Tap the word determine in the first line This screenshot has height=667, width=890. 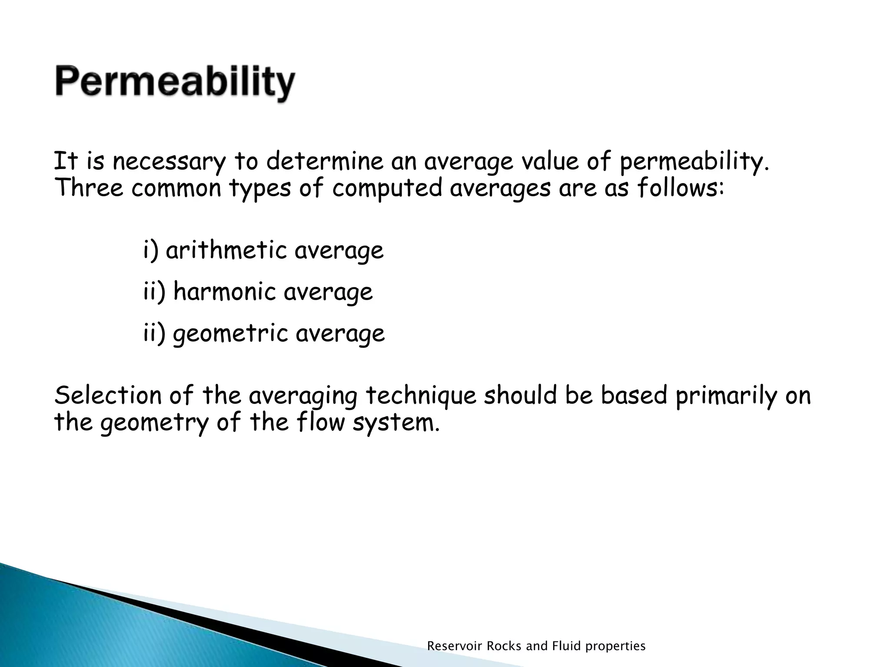point(325,162)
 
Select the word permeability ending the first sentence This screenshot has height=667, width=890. point(694,162)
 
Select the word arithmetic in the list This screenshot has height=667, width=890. point(226,251)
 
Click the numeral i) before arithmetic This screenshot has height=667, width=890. point(151,251)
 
